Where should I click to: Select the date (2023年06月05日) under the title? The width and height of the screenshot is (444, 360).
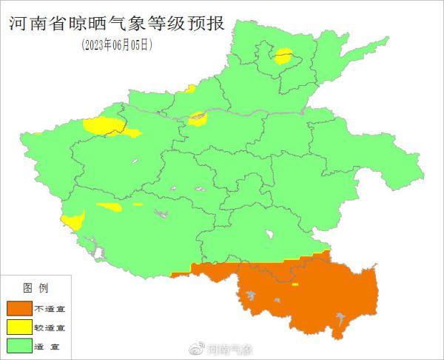[x=118, y=44]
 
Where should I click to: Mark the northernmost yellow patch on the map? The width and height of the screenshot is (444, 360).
[x=283, y=56]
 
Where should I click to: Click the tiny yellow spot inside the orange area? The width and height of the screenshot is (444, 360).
[x=295, y=284]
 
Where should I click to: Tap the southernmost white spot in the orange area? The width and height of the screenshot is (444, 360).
[x=340, y=321]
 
